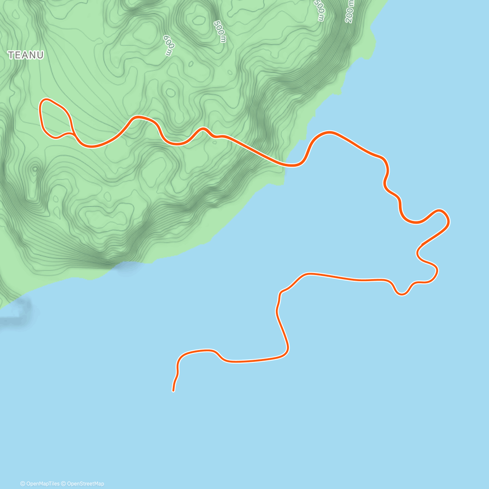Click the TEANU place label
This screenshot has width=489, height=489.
[26, 55]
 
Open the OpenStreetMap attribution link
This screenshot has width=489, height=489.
[85, 484]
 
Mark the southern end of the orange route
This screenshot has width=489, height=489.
[174, 391]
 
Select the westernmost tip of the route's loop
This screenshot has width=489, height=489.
[40, 107]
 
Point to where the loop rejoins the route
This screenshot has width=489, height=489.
[73, 132]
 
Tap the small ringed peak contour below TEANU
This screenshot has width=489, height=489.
[35, 168]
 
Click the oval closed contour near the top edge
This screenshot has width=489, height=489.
[199, 19]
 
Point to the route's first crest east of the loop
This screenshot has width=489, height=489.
[139, 117]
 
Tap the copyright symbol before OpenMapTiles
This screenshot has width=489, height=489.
[23, 484]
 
